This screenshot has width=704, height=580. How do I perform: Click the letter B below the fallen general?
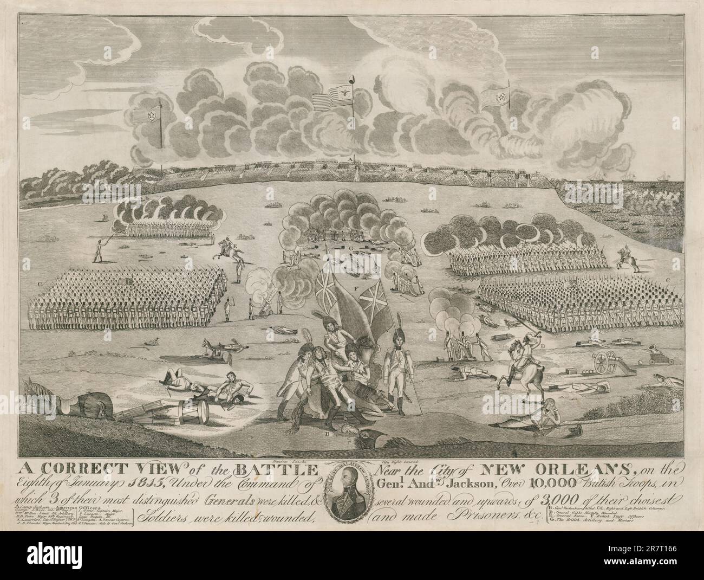(327, 434)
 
